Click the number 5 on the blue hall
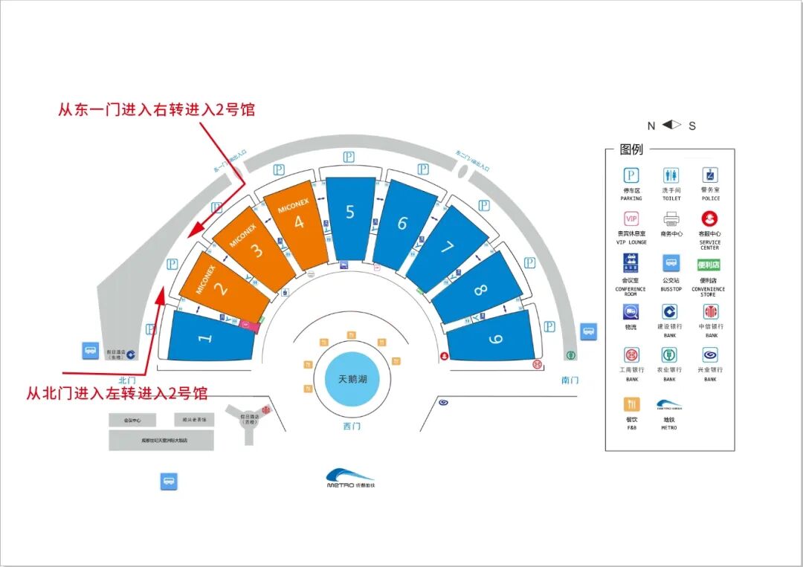pos(350,212)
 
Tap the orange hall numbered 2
pos(220,287)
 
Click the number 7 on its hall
pos(447,247)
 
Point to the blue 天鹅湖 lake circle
pos(353,380)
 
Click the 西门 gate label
pos(352,427)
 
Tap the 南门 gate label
pos(570,380)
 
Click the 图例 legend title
pos(631,149)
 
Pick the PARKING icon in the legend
pos(631,175)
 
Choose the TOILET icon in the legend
pos(671,175)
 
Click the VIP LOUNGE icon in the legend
pos(631,219)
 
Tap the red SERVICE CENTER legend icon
pos(709,219)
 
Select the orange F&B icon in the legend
pos(631,405)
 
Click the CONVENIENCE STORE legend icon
pos(709,265)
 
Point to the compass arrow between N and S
pos(672,125)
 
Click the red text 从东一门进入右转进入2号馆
pos(156,110)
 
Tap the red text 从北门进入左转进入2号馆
pos(117,392)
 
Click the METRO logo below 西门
pos(351,478)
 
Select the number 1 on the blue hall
pos(206,337)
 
